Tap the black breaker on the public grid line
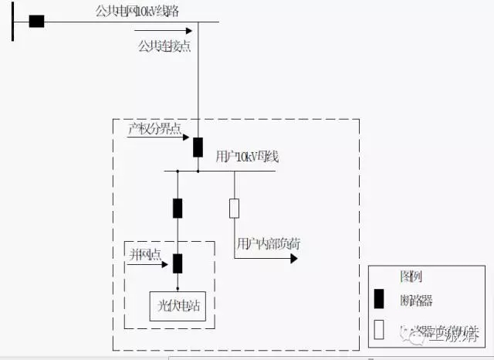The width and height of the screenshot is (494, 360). click(x=36, y=21)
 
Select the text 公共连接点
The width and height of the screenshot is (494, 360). click(x=164, y=46)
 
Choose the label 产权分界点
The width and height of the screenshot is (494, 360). click(x=154, y=129)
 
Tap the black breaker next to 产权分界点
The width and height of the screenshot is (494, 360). click(x=198, y=147)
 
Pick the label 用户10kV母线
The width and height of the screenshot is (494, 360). click(x=247, y=158)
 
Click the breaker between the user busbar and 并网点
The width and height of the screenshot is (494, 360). click(x=178, y=208)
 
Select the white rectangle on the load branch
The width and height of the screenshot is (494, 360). click(x=234, y=208)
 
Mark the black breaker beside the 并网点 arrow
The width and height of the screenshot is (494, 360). click(x=178, y=263)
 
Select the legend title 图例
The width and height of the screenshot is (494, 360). click(x=411, y=277)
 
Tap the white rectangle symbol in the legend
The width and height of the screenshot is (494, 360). click(x=378, y=329)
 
